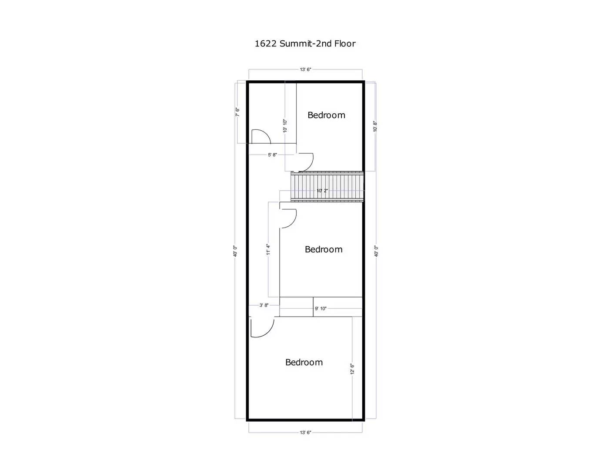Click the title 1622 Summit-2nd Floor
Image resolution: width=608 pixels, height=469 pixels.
click(x=305, y=43)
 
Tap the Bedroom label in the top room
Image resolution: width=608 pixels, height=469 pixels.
click(x=326, y=115)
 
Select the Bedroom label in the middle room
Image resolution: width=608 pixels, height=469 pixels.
click(x=324, y=249)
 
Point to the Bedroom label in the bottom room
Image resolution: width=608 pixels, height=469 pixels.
click(x=304, y=362)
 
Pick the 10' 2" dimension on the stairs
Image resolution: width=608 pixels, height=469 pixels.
click(x=322, y=191)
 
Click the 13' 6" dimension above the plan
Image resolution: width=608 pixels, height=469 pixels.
click(x=305, y=69)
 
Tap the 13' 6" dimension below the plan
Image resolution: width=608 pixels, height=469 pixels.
click(x=305, y=433)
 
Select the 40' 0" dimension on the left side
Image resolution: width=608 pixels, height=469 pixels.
click(x=235, y=251)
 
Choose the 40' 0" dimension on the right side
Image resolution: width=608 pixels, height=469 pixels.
click(x=376, y=251)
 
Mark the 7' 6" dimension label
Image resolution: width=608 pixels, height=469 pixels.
click(x=237, y=112)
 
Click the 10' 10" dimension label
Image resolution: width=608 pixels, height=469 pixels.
click(x=285, y=126)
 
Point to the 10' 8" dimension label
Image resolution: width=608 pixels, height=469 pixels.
click(x=375, y=126)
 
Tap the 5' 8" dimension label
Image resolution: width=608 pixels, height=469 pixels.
click(x=272, y=155)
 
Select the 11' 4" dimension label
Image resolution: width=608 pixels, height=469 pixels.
click(x=268, y=249)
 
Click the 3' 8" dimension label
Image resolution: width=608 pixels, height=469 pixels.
click(x=264, y=305)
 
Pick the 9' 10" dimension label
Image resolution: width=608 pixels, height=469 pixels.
click(x=321, y=309)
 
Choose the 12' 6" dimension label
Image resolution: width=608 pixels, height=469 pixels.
click(x=352, y=369)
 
